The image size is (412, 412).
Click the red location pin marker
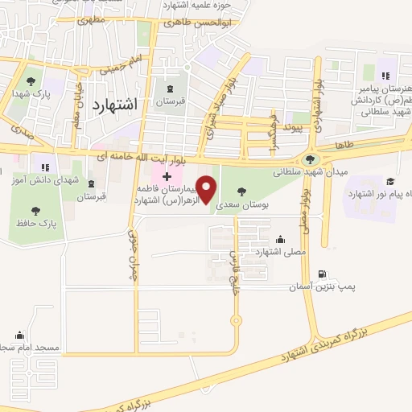point(207,189)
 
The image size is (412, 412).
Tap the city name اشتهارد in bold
point(115,105)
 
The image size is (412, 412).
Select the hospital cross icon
point(167,175)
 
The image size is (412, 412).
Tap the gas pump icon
point(323,274)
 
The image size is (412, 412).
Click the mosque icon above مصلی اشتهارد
point(280,239)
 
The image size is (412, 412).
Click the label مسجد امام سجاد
point(30,348)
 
